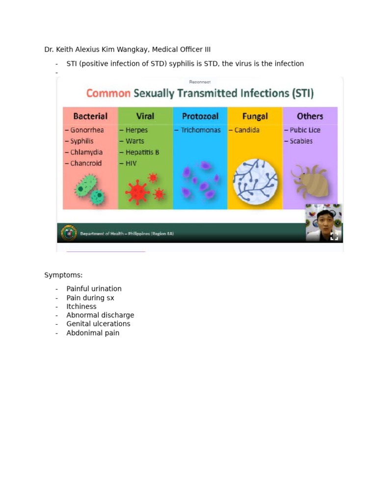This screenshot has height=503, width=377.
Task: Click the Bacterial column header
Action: coord(90,116)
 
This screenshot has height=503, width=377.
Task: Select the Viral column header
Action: coord(145,116)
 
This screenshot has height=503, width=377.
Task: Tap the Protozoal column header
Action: coord(200,116)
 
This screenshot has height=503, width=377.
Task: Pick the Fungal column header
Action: coord(255,116)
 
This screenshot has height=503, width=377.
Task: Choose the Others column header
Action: coord(310,116)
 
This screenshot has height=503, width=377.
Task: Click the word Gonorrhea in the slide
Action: coord(86,130)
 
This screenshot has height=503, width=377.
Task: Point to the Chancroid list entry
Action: coord(85,163)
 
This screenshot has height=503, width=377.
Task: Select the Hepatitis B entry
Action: coord(142,152)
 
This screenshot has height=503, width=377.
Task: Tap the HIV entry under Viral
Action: coord(131,163)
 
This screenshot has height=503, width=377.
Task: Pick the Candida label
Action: coord(246,130)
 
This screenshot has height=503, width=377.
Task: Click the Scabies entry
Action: coord(300,141)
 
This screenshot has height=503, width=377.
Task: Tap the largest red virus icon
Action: coord(137,192)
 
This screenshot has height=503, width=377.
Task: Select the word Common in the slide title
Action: coord(108,93)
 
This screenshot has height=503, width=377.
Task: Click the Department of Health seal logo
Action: coord(69,233)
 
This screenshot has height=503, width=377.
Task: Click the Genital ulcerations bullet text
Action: coord(98,324)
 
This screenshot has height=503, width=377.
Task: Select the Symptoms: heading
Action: coord(63,275)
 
